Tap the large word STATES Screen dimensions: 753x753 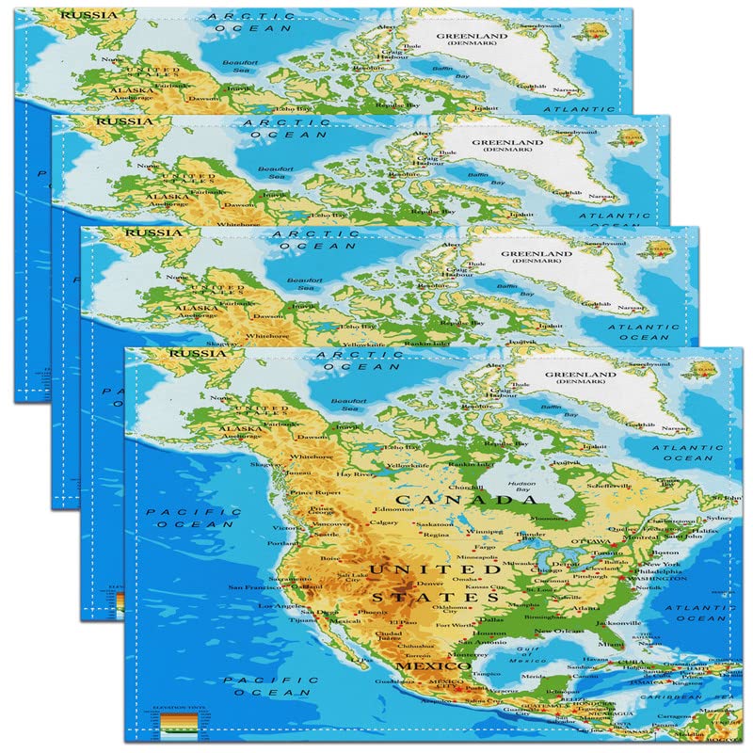tap(435, 597)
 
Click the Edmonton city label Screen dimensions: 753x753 tap(393, 509)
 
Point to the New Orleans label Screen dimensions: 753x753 tap(555, 631)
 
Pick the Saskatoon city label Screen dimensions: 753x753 tap(435, 524)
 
